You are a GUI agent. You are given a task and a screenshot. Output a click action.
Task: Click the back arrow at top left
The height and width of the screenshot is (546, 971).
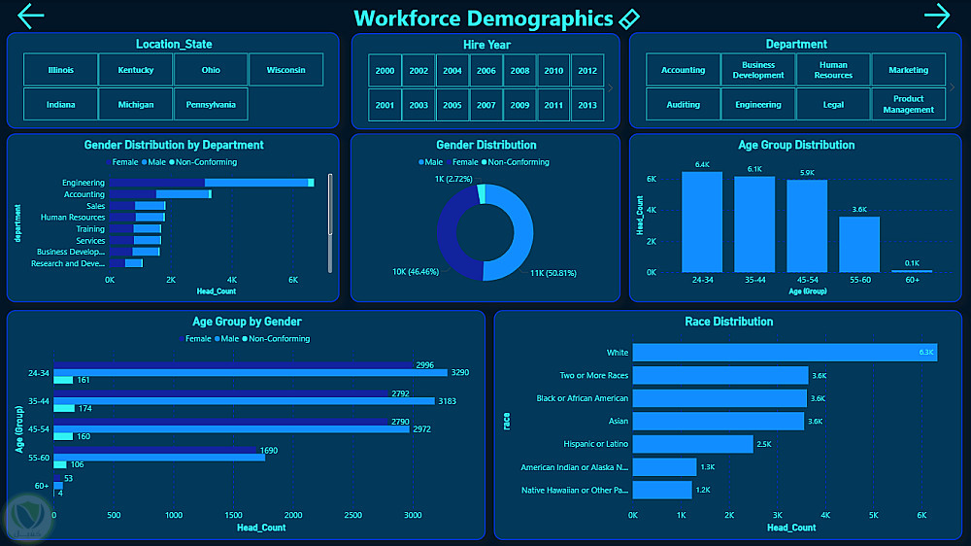click(x=31, y=16)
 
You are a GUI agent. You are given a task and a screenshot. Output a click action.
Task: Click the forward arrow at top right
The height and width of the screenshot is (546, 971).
click(x=937, y=16)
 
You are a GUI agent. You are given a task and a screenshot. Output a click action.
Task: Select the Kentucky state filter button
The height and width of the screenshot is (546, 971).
click(x=136, y=70)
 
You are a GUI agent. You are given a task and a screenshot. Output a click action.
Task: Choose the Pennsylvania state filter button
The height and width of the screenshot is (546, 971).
click(x=211, y=104)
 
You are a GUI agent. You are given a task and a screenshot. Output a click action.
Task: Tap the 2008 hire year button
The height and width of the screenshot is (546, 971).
click(x=519, y=71)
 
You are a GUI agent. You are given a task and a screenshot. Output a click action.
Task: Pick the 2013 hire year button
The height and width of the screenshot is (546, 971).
click(x=586, y=105)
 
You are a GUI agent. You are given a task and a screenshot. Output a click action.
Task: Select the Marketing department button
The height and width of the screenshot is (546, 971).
click(x=908, y=70)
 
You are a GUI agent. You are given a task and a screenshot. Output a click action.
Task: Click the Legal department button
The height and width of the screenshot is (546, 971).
click(x=833, y=104)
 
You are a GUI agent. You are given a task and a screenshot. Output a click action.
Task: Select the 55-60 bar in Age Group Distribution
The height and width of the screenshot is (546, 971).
click(x=859, y=244)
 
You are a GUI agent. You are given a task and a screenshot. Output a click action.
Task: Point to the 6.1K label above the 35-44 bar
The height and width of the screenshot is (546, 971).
click(x=754, y=169)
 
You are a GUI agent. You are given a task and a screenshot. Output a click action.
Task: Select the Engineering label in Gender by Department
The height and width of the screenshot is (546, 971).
click(x=84, y=183)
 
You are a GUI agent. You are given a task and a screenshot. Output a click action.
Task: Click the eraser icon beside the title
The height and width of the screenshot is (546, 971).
click(x=629, y=18)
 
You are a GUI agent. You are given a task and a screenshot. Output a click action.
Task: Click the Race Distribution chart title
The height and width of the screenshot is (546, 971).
click(x=728, y=322)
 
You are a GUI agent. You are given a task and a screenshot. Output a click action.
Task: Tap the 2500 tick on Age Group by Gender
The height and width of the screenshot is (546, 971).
click(x=353, y=515)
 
